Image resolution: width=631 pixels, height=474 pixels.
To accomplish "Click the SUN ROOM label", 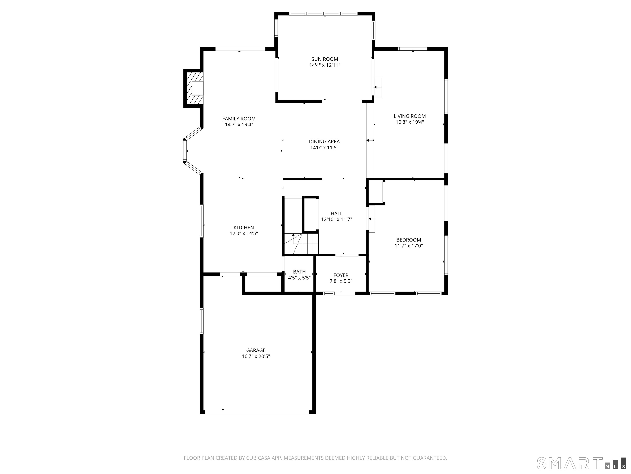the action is pyautogui.click(x=325, y=59).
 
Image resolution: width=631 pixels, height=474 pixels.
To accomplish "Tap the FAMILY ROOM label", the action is pyautogui.click(x=239, y=118).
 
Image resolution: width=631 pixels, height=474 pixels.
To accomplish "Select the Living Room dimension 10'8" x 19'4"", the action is pyautogui.click(x=410, y=122).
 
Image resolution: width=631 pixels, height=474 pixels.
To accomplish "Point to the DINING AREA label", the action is pyautogui.click(x=324, y=141).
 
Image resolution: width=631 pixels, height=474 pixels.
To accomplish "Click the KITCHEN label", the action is pyautogui.click(x=244, y=227).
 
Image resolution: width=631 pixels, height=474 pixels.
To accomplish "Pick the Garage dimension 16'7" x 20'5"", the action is pyautogui.click(x=256, y=356).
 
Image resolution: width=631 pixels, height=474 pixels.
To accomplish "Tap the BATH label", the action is pyautogui.click(x=299, y=272).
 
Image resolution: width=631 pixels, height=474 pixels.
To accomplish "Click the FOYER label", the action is pyautogui.click(x=341, y=275).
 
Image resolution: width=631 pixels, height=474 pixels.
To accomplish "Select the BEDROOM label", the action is pyautogui.click(x=409, y=240).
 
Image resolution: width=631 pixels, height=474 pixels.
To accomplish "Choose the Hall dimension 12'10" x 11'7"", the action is pyautogui.click(x=337, y=220).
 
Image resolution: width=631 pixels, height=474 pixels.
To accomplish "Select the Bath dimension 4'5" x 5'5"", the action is pyautogui.click(x=299, y=278).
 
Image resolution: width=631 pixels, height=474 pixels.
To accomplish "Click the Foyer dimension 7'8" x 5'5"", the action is pyautogui.click(x=341, y=281).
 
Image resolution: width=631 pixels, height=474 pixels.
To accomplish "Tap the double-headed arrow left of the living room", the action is pyautogui.click(x=370, y=140).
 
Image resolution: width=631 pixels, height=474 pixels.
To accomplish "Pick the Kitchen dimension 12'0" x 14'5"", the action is pyautogui.click(x=244, y=234).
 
